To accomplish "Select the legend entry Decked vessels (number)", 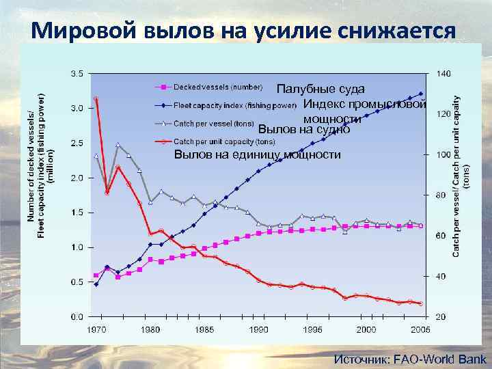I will coord(217,87).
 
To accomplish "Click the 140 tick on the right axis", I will coord(443,72).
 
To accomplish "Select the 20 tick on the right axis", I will coord(441,316).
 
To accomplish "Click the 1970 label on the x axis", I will coord(97,329).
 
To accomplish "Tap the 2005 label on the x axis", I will coord(420,329).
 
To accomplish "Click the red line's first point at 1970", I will coord(96,99).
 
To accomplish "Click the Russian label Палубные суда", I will coord(320,90).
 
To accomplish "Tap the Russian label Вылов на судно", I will coord(303,129).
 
